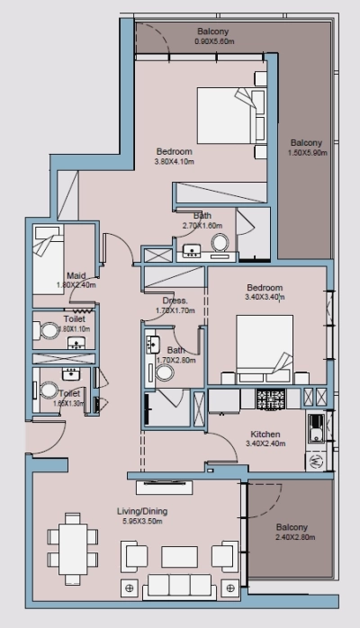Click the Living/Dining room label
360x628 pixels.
coord(142,511)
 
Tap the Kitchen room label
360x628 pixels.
coord(268,434)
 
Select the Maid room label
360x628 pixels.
coord(76,276)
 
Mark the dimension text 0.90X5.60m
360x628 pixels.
coord(215,41)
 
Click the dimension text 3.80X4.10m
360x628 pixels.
coord(174,162)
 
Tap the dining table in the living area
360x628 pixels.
coord(70,543)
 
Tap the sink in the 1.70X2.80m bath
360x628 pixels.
coord(152,345)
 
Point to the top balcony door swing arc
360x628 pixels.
coord(152,40)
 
